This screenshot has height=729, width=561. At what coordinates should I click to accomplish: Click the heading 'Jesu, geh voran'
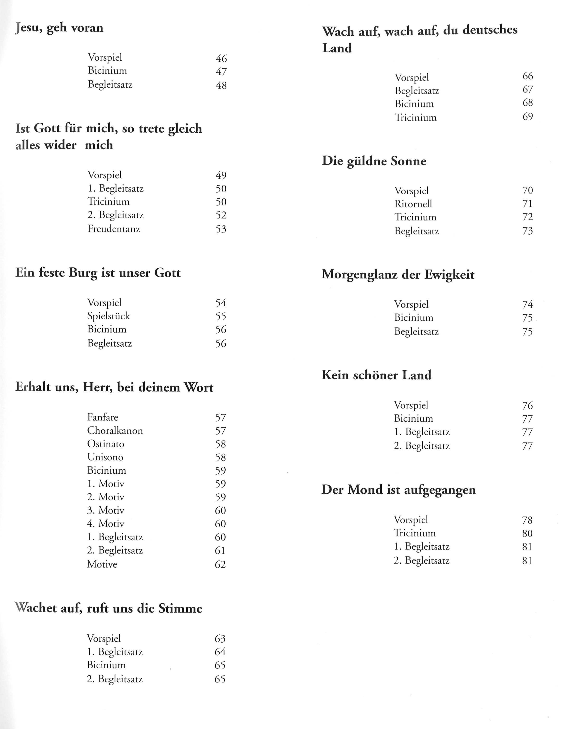click(x=59, y=28)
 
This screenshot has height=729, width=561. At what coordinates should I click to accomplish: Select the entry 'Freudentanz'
click(x=114, y=229)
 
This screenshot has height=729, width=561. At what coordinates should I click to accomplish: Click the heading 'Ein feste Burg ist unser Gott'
click(x=98, y=273)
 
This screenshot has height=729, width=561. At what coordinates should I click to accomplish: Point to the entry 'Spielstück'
click(x=109, y=316)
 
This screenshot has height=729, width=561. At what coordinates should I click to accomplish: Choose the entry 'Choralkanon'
click(x=115, y=431)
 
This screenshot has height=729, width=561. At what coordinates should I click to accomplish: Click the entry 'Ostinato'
click(x=105, y=444)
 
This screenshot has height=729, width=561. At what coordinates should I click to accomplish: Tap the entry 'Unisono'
click(x=105, y=457)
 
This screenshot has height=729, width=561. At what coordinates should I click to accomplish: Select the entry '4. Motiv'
click(x=105, y=523)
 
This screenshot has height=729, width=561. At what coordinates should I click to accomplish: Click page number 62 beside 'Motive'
click(x=220, y=564)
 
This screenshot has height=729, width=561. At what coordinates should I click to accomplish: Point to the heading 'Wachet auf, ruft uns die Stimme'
click(x=109, y=608)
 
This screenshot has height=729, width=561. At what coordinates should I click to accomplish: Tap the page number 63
click(x=220, y=639)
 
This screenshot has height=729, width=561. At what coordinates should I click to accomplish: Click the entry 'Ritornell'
click(x=413, y=204)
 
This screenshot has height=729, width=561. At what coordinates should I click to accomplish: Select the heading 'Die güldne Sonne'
click(x=374, y=161)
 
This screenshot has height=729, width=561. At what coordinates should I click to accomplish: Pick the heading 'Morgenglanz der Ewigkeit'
click(x=398, y=275)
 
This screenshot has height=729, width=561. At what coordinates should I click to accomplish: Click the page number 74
click(x=527, y=304)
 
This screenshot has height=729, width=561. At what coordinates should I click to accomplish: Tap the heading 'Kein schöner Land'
click(x=376, y=375)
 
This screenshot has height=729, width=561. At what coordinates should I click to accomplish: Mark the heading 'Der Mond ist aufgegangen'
click(x=398, y=490)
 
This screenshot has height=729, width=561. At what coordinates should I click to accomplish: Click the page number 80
click(x=527, y=533)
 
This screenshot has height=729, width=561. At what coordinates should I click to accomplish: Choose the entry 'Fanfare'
click(x=103, y=417)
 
